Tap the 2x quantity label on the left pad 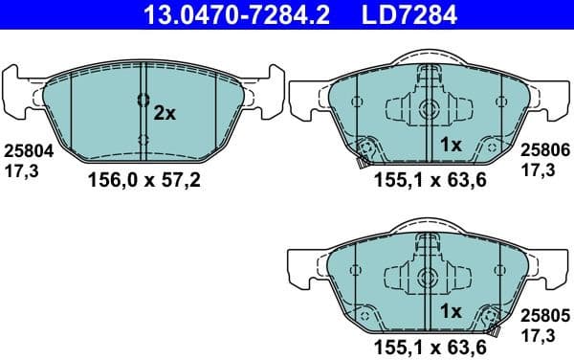165,113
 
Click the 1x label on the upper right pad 450,145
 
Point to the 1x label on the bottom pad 450,311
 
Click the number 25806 543,150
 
